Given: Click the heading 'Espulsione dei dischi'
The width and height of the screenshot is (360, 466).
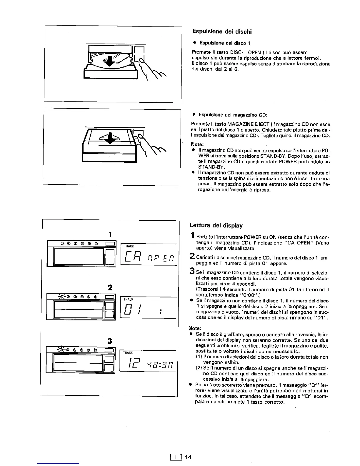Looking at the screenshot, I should [222, 31].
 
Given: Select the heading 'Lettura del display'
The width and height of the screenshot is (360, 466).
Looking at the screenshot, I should [216, 226].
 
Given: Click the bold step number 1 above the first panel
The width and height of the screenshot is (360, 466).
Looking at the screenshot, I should [110, 234].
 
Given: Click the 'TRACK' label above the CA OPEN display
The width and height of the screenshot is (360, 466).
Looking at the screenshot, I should [129, 246].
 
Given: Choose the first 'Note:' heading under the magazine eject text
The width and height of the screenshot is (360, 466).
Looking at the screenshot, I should [197, 144].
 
